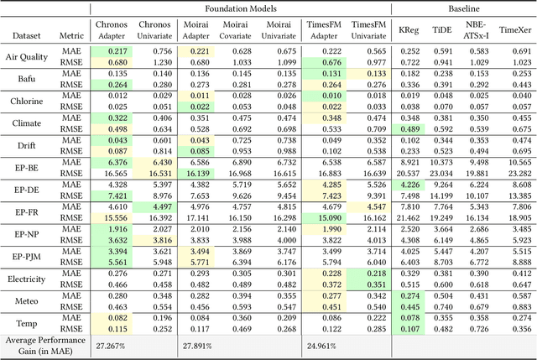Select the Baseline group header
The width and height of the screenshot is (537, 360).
click(x=456, y=8)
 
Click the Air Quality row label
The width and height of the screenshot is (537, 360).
click(x=28, y=57)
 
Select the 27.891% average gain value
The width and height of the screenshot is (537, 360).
click(x=201, y=345)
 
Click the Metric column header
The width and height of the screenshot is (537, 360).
click(x=72, y=37)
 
